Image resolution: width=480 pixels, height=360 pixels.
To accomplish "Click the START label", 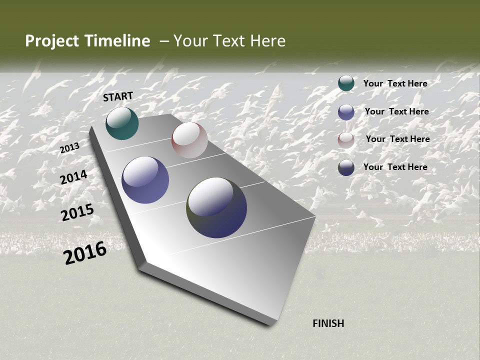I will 118,96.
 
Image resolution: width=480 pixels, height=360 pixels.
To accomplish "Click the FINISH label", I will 328,323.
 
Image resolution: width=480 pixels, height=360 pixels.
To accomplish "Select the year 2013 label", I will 69,148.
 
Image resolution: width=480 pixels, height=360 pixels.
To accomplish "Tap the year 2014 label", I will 73,177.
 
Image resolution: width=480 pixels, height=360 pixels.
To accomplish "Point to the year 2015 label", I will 77,212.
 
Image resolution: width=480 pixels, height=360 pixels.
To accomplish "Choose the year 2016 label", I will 85,252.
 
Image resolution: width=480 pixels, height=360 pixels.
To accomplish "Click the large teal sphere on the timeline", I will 122,123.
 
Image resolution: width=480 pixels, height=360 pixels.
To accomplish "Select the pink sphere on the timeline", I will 189,140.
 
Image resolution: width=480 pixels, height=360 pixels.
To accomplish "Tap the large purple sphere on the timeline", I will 145,180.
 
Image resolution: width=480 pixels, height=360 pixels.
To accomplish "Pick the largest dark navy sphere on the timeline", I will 216,207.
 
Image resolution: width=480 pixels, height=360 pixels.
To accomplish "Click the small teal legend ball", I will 346,83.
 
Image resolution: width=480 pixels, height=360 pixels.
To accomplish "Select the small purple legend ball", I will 346,111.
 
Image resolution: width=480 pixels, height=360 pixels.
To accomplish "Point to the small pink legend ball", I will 346,139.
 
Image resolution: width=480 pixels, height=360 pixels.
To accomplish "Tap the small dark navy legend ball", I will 346,167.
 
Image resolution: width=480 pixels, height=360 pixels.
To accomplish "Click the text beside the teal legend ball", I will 395,83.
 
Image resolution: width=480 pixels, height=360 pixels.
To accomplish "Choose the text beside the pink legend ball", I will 397,139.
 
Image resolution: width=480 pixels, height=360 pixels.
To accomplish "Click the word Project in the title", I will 52,41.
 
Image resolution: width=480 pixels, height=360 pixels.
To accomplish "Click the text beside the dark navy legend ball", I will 395,167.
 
